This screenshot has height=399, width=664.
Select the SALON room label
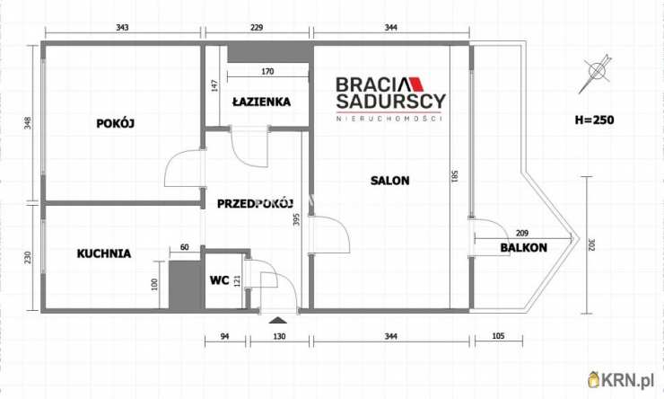[x=390, y=181]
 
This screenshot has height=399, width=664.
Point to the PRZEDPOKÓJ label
[x=256, y=203]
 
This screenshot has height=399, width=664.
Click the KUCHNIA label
[x=103, y=253]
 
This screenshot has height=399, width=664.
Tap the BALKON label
[x=524, y=248]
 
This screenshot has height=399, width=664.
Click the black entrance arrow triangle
[x=276, y=318]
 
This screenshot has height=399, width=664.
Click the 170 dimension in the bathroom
[x=268, y=71]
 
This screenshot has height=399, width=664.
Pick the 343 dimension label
[x=123, y=29]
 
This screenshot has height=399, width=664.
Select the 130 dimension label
[x=280, y=337]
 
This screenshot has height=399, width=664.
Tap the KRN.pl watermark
[x=625, y=381]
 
